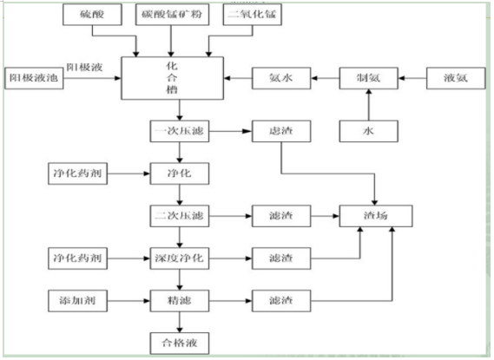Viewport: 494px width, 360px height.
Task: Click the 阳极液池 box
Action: [x=30, y=76]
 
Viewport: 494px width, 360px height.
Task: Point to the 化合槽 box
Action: [x=178, y=76]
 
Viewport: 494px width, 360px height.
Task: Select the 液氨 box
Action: [x=455, y=76]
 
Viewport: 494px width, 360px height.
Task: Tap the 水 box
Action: [x=368, y=132]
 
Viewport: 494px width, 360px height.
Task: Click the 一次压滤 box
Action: [x=178, y=132]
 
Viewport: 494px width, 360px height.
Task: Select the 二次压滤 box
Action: [x=178, y=214]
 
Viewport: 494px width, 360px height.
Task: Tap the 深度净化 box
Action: [x=178, y=258]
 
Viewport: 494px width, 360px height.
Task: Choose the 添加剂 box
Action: [x=76, y=302]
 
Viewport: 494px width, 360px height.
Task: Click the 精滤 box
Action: [x=178, y=302]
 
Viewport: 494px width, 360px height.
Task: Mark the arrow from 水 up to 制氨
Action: [x=368, y=105]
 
